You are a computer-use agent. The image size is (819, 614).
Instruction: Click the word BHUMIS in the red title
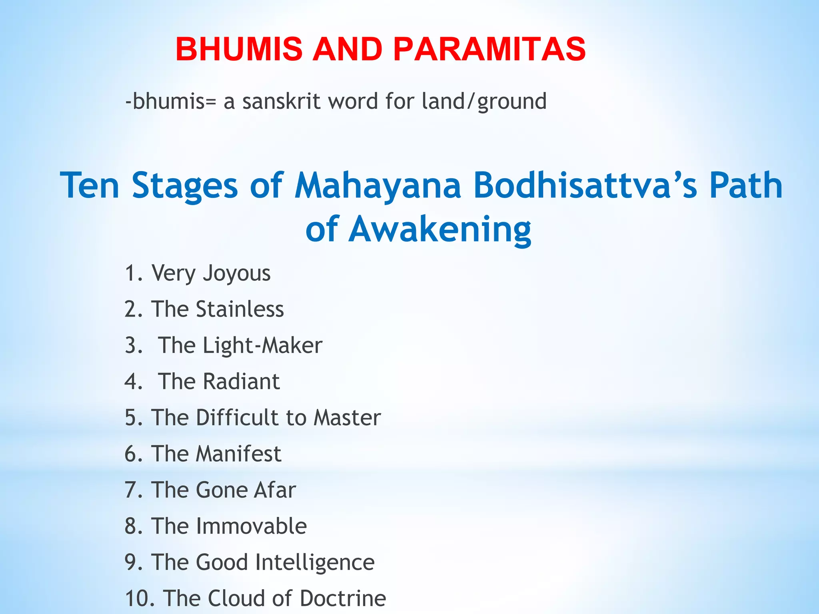(239, 49)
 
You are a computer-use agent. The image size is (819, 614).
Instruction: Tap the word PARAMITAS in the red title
(489, 49)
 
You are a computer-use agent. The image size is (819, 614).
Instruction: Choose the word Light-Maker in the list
(262, 346)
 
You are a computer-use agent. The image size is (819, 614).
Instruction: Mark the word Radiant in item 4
(241, 381)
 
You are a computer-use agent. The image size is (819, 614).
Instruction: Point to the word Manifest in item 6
(239, 454)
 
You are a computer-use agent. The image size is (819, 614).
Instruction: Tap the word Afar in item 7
(275, 490)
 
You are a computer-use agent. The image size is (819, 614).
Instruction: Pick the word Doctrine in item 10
(343, 598)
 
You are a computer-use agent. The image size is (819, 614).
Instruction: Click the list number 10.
(138, 598)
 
